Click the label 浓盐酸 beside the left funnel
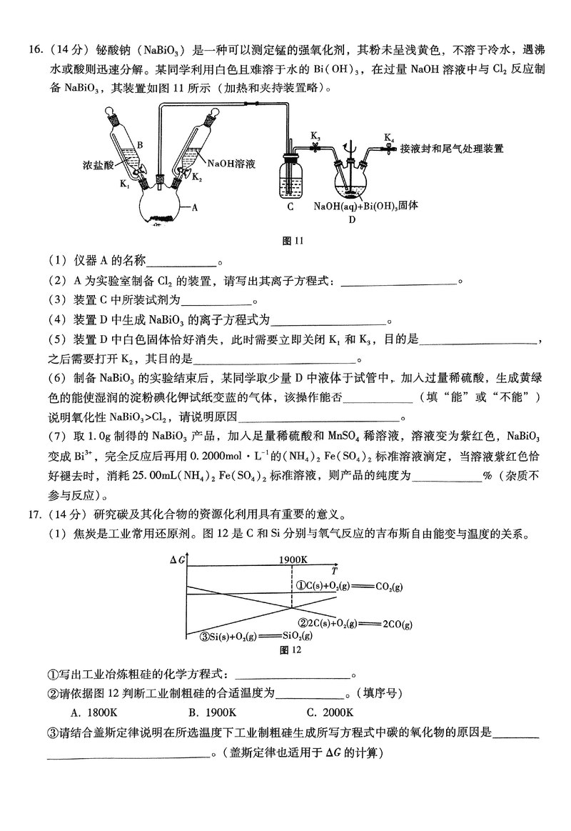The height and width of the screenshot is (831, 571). tap(98, 164)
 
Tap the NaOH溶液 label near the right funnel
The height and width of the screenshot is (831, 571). tap(235, 163)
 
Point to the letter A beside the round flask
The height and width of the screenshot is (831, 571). tap(193, 206)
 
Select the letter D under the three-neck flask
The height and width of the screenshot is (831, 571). tap(352, 219)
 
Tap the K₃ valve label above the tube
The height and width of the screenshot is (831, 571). tap(315, 135)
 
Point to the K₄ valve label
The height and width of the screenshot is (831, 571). tap(389, 136)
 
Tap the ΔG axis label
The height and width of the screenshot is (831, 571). tap(178, 559)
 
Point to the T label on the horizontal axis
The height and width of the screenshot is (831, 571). tap(334, 572)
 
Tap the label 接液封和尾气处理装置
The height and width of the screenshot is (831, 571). tap(453, 149)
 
